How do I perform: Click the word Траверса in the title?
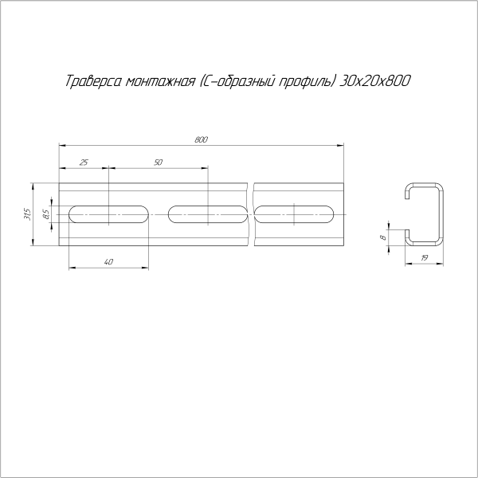(x=90, y=83)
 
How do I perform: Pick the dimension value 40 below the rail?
(x=108, y=261)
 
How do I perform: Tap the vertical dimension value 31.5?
(x=27, y=214)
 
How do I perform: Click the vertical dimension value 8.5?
(x=47, y=214)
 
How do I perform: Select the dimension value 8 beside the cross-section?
(x=382, y=237)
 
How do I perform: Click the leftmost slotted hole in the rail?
(x=109, y=214)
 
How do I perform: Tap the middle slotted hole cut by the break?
(x=208, y=214)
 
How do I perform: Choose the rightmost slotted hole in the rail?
(x=296, y=214)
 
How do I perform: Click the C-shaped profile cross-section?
(x=424, y=214)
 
